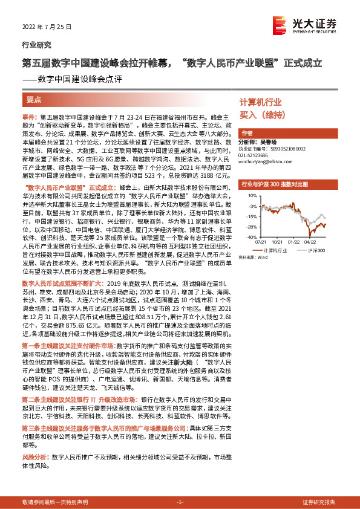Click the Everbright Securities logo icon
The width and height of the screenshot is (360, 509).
(x=280, y=24)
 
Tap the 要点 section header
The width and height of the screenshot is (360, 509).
(x=34, y=99)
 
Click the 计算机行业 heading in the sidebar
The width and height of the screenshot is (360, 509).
(x=261, y=102)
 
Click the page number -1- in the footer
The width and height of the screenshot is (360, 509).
(x=180, y=502)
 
